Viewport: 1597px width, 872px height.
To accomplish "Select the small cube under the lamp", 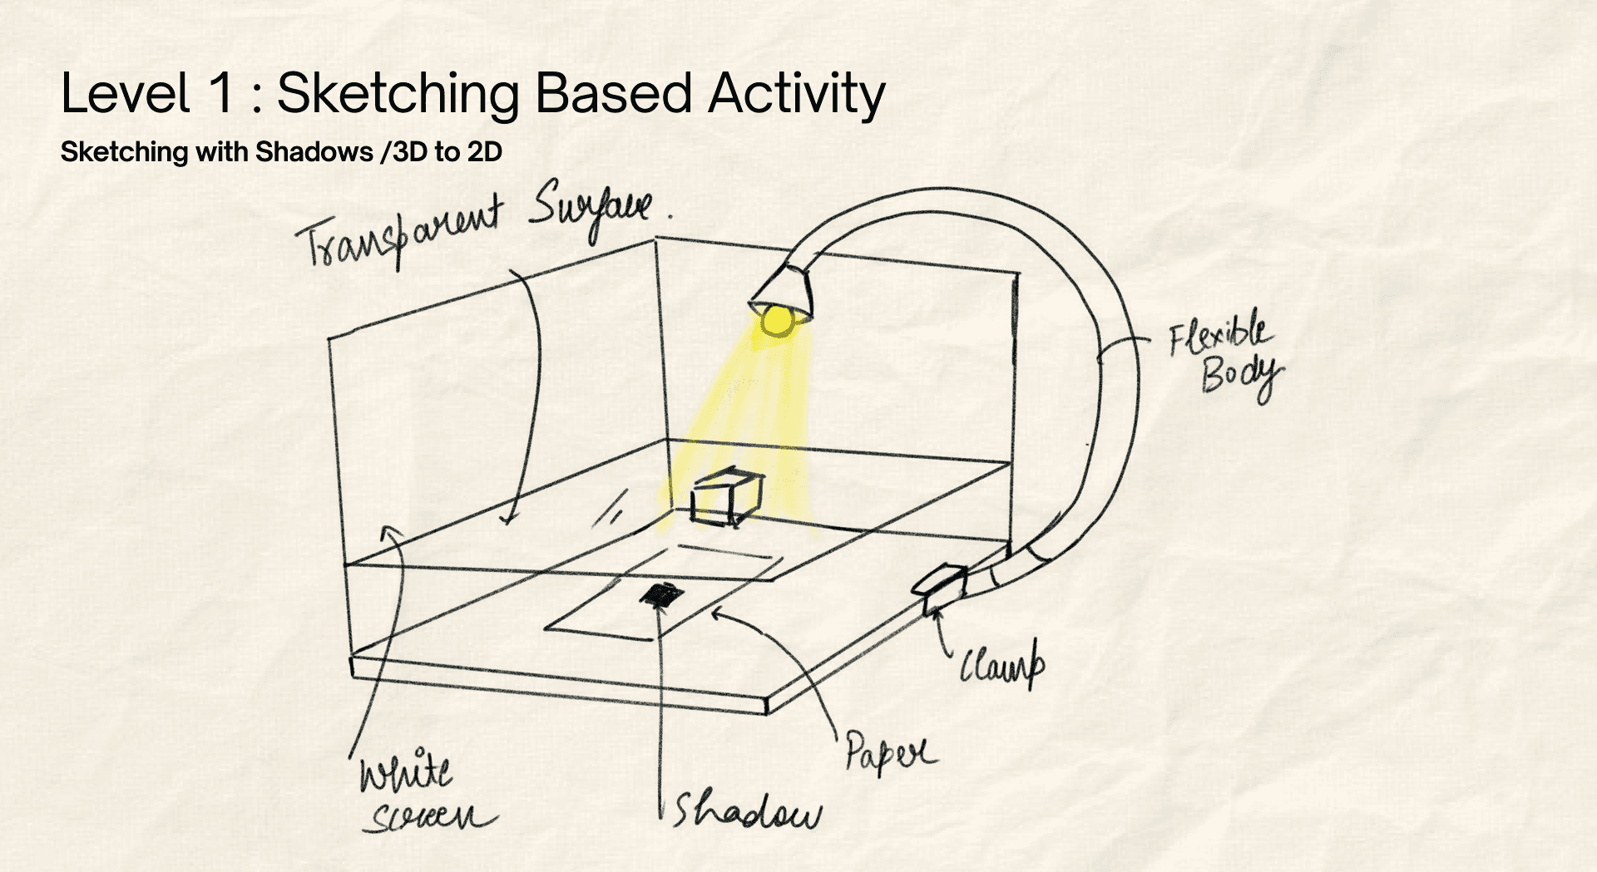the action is (x=725, y=499).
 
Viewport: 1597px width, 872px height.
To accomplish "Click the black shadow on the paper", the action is (x=662, y=594).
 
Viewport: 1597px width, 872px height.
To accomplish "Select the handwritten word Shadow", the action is (x=747, y=811).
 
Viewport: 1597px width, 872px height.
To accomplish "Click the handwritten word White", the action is (x=405, y=771).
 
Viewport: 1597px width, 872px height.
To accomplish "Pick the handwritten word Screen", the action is (x=430, y=818).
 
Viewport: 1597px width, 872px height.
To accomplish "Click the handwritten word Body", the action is (x=1241, y=377).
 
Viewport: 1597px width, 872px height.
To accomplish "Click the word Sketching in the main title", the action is (x=398, y=93).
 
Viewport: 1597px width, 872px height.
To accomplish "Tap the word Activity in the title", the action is (x=796, y=93).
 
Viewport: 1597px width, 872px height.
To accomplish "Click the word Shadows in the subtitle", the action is (x=314, y=152).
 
